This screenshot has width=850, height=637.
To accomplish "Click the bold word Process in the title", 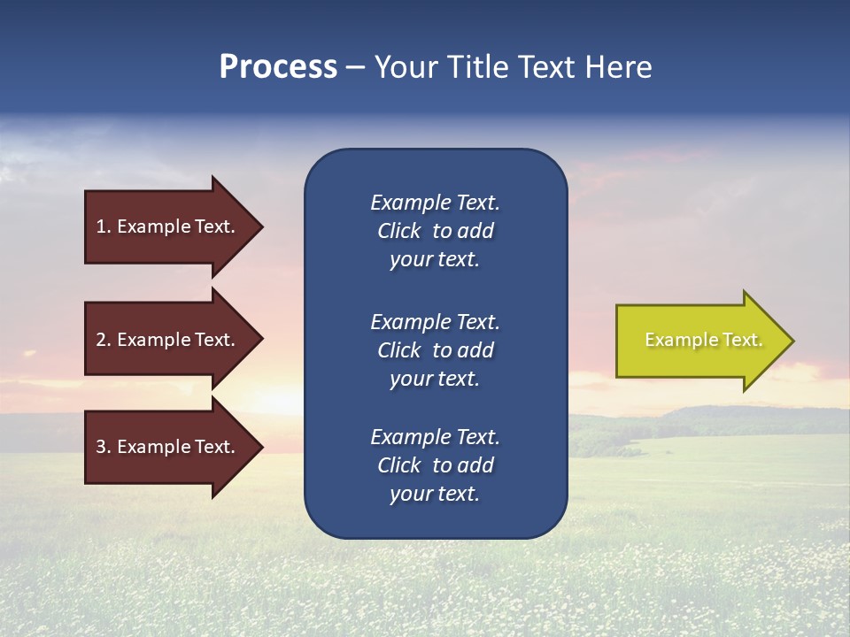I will [278, 67].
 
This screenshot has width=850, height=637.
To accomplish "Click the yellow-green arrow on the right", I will [699, 341].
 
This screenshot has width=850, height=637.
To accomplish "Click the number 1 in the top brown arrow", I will [101, 226].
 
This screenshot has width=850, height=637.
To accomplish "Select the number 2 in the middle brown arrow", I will [101, 340].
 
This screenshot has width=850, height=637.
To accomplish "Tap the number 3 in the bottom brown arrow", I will [101, 447].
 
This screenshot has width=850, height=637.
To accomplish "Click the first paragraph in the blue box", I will [435, 231].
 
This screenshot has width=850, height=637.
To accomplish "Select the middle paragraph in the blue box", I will [435, 350].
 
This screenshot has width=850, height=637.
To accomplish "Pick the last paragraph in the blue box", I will [435, 465].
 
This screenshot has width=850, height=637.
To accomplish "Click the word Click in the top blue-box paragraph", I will [398, 231].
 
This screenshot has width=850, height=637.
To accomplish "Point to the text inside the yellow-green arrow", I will [703, 340].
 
